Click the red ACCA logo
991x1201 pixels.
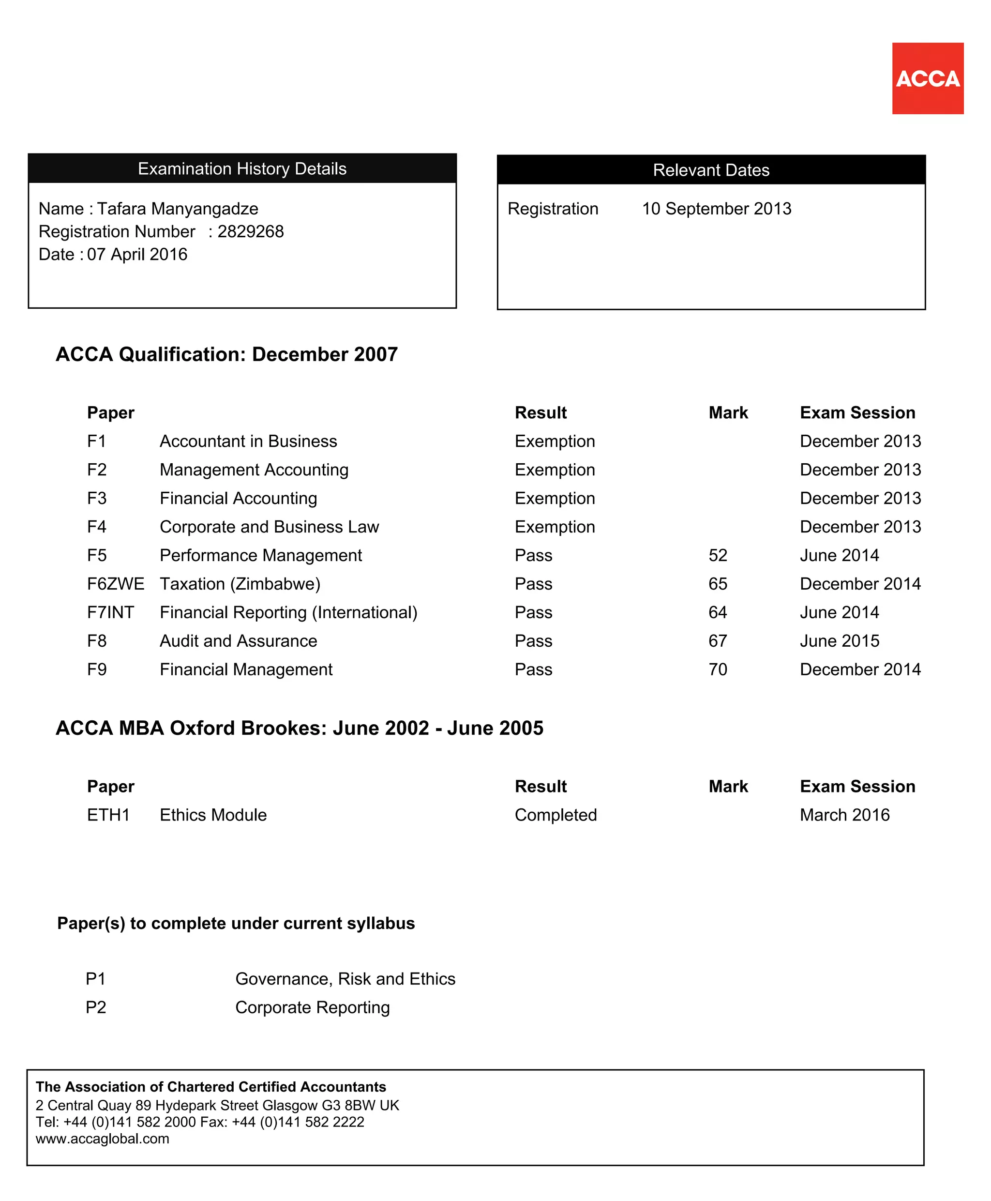[x=927, y=78]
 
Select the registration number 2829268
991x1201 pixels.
[x=250, y=231]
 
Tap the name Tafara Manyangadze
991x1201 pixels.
[x=178, y=209]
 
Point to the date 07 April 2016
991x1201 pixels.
[x=137, y=254]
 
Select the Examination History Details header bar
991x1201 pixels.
[x=242, y=168]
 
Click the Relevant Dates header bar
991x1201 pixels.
[x=711, y=169]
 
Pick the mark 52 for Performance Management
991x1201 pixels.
[x=718, y=555]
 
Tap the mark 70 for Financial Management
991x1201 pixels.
[x=718, y=669]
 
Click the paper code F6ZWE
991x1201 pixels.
[x=115, y=584]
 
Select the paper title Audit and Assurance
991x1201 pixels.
[x=238, y=641]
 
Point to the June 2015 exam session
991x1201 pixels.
[x=839, y=641]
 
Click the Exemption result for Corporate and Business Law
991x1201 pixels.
[x=555, y=527]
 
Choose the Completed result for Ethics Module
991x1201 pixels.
[x=556, y=815]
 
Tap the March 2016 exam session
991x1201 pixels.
[x=844, y=815]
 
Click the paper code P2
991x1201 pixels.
[x=96, y=1007]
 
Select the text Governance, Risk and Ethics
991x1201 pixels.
[x=345, y=979]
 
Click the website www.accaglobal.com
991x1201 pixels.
[x=102, y=1139]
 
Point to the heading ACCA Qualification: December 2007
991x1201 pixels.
[x=226, y=354]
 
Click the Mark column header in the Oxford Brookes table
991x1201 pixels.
[x=728, y=787]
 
